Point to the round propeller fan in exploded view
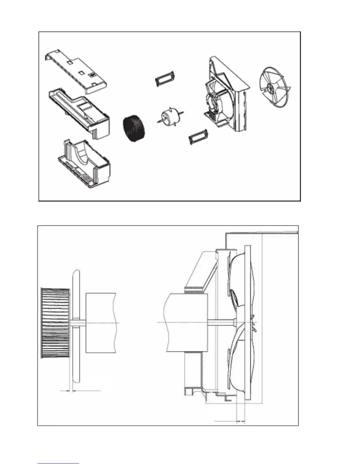point(274,85)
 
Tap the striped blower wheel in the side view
point(55,323)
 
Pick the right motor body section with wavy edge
point(187,323)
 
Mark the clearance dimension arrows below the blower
point(71,391)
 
